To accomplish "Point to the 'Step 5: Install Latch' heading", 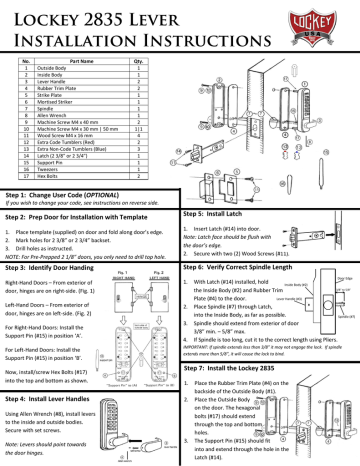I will (222, 214).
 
